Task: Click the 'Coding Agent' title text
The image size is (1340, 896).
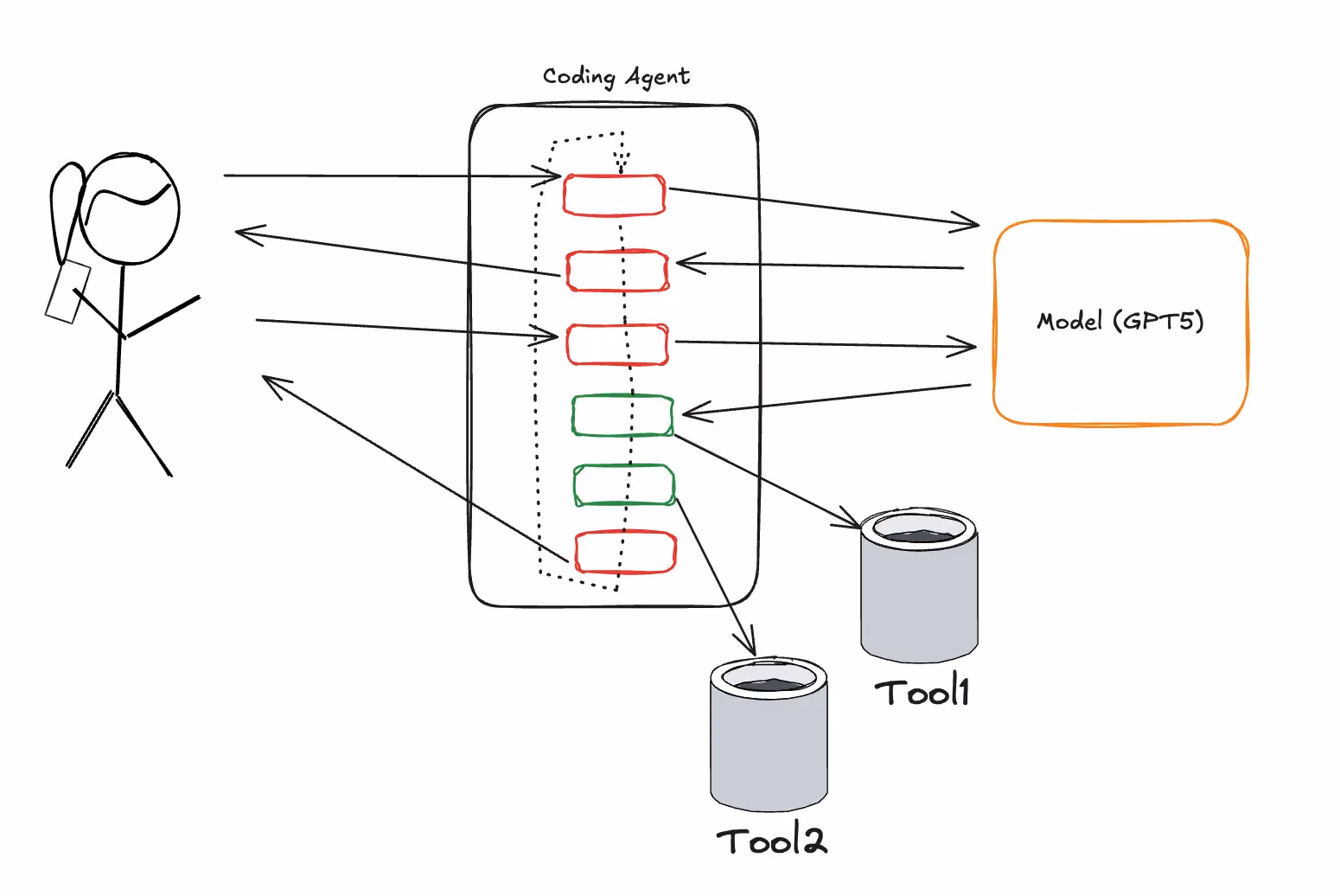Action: pos(616,77)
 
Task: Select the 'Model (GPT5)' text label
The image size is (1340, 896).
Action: pos(1120,322)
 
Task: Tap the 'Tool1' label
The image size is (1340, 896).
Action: pos(922,692)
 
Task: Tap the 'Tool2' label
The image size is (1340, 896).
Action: pos(771,841)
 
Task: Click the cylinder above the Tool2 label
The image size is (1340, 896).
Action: pos(769,735)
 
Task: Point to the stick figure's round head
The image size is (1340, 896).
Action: pos(130,208)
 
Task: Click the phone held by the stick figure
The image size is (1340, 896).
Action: pos(67,291)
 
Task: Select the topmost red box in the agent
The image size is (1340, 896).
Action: pos(614,195)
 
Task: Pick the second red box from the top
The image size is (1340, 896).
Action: pos(616,271)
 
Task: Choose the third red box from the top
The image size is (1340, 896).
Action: pos(617,344)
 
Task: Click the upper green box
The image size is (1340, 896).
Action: pos(622,415)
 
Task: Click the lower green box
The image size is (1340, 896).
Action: pos(624,485)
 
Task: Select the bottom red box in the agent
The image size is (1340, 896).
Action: pos(625,552)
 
